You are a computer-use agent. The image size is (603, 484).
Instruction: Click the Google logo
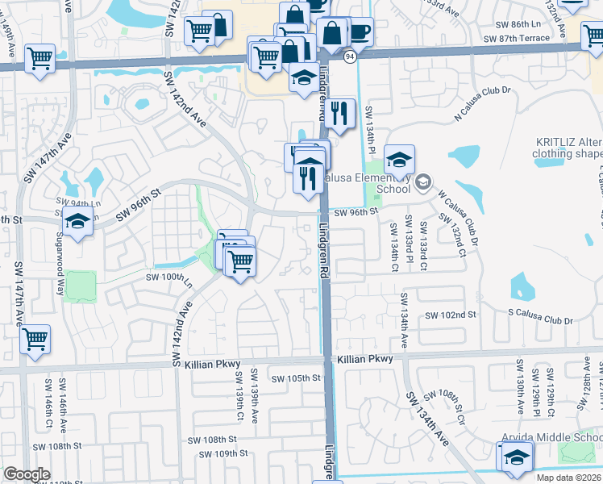(x=27, y=474)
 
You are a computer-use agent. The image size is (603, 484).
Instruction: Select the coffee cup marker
(x=358, y=32)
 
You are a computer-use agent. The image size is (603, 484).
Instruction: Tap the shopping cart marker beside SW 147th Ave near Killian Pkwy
(x=35, y=340)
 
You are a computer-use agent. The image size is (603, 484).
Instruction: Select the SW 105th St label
(x=296, y=378)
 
